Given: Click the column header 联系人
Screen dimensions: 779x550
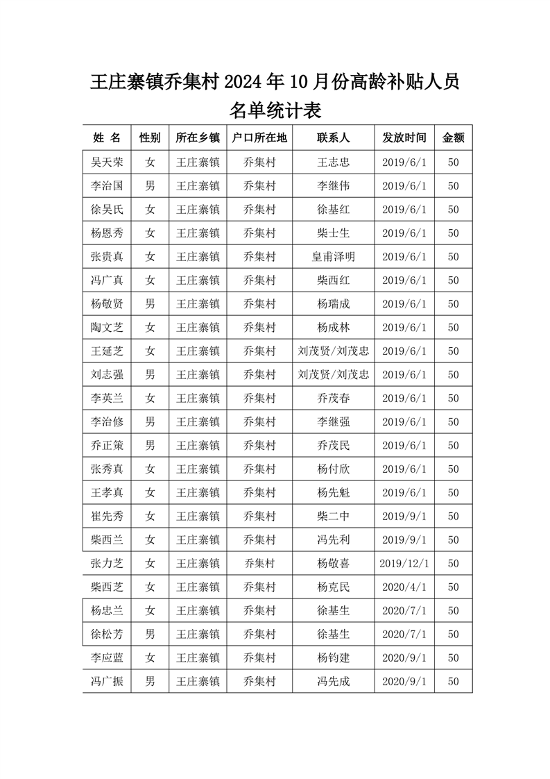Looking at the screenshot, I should click(x=333, y=137).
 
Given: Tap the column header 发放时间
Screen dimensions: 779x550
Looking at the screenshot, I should click(x=404, y=137).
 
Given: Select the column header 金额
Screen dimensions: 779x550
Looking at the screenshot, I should click(x=453, y=137).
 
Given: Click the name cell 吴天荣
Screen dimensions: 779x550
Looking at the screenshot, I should click(x=107, y=162).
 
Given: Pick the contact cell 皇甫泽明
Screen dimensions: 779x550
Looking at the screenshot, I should click(x=333, y=257).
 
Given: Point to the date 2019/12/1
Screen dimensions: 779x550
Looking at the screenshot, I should click(x=404, y=563).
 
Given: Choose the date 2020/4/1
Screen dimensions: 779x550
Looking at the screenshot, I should click(x=404, y=587).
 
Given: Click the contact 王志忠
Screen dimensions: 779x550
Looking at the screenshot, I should click(x=333, y=162).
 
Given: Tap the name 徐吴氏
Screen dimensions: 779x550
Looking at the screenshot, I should click(x=107, y=210).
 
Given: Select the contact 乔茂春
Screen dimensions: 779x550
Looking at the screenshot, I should click(x=333, y=399).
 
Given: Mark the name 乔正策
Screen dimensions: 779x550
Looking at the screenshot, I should click(x=107, y=446).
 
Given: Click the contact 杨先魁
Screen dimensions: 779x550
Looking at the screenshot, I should click(x=333, y=493).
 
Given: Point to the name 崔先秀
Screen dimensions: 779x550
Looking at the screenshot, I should click(x=107, y=517).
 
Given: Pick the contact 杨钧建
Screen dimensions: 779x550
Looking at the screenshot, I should click(x=333, y=657).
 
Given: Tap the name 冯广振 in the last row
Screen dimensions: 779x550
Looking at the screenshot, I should click(x=107, y=681).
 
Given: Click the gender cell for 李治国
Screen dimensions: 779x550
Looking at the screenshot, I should click(x=150, y=186).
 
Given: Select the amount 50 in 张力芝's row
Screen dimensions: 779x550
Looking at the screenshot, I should click(x=453, y=563).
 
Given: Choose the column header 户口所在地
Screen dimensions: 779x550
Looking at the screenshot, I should click(x=259, y=137).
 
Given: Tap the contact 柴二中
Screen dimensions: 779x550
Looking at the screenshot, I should click(x=333, y=517).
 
